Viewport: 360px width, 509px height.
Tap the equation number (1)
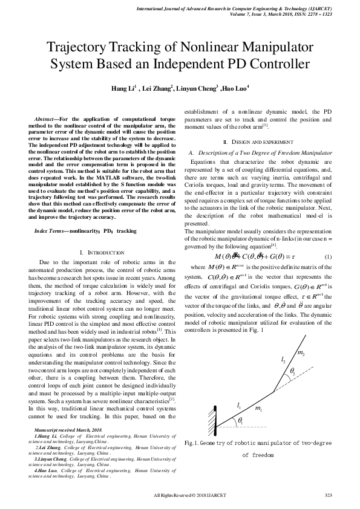[x=328, y=256]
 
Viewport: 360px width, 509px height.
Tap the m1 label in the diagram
[x=258, y=410]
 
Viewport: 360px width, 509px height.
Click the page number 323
[x=329, y=495]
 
